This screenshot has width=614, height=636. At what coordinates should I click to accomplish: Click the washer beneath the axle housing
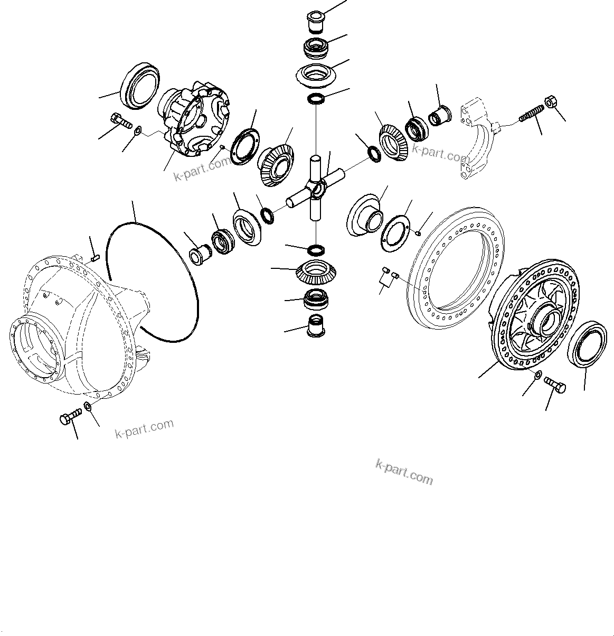click(88, 407)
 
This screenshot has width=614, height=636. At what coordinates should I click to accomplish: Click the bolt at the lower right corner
click(555, 384)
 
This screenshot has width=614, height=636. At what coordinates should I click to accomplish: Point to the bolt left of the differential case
click(121, 120)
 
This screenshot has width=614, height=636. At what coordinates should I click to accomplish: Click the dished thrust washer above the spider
click(316, 73)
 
